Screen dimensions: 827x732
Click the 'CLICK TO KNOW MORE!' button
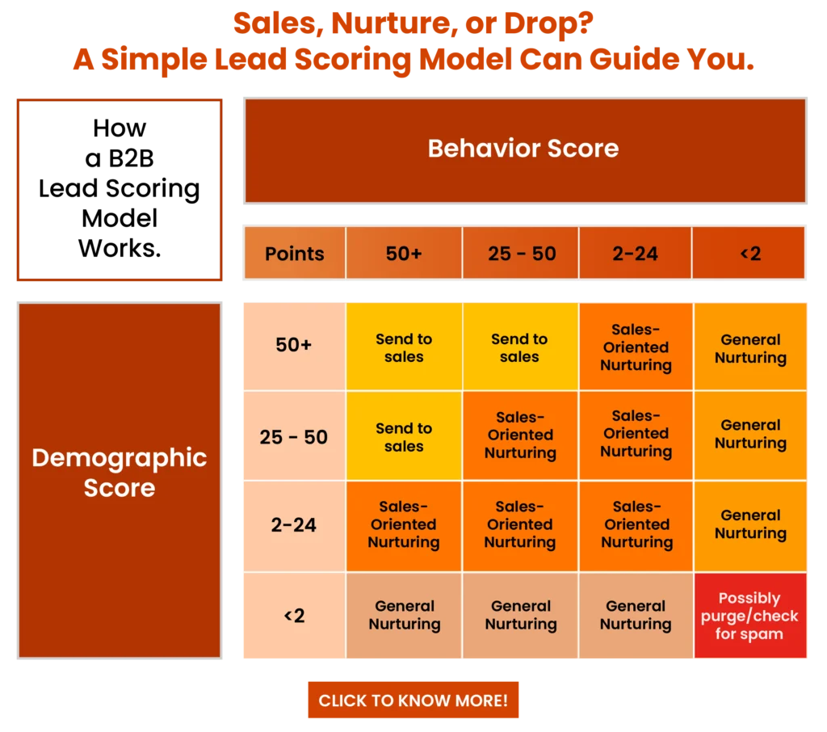[413, 700]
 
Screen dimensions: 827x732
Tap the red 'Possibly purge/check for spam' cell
[750, 616]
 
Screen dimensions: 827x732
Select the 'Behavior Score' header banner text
[523, 149]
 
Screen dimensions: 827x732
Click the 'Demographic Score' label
[120, 473]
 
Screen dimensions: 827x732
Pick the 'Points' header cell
[294, 254]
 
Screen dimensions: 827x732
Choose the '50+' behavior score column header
[404, 254]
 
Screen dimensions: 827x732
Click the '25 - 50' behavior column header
[521, 254]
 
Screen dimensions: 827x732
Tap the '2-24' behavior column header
[635, 254]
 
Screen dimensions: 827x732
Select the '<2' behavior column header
[749, 254]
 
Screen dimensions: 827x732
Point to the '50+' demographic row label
[294, 345]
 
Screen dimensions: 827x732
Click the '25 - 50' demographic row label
[294, 436]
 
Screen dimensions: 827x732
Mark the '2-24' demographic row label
[294, 525]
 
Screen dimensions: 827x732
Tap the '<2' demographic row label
[294, 616]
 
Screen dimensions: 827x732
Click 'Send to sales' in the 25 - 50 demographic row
[404, 436]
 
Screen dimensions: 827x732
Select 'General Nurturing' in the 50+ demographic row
[750, 347]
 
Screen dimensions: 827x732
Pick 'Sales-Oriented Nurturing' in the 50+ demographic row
[636, 347]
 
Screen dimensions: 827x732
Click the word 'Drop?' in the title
[548, 23]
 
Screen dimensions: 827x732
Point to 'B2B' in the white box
[131, 158]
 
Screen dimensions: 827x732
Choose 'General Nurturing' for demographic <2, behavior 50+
[405, 615]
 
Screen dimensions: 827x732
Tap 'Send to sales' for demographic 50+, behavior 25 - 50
[519, 347]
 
